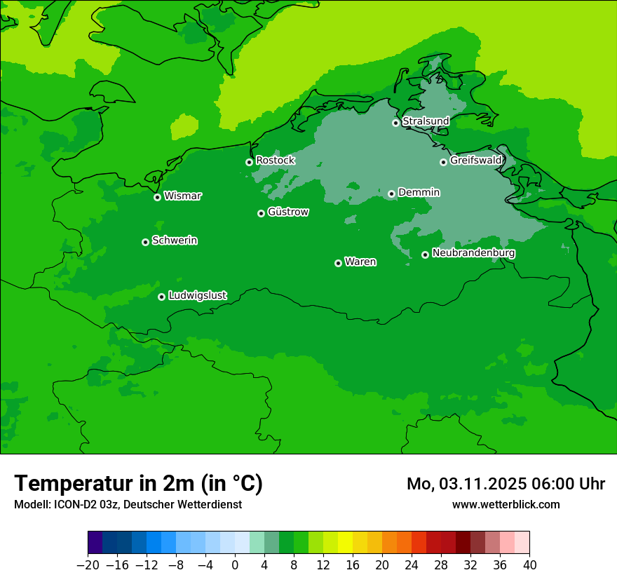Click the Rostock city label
275,161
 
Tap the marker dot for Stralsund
395,123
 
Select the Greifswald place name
475,161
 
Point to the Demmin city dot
391,194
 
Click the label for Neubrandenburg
473,253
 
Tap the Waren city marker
338,263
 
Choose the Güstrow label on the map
287,212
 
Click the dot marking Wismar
157,197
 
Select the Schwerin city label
175,241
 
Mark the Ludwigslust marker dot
161,297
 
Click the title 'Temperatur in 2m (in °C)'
138,483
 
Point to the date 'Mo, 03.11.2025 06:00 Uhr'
506,484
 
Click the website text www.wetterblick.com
506,504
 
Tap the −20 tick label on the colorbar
88,564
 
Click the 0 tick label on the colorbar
235,564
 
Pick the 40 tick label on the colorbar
529,564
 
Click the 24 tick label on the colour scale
412,564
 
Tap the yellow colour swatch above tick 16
345,543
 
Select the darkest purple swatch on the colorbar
95,543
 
